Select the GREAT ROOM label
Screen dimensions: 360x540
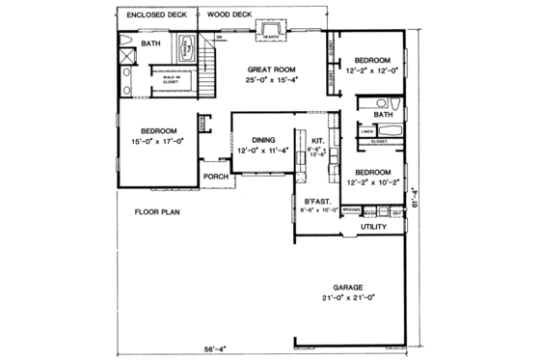click(x=271, y=69)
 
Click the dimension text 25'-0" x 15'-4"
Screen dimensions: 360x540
click(x=271, y=81)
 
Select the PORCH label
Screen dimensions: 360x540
click(x=214, y=177)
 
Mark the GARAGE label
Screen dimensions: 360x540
click(x=348, y=287)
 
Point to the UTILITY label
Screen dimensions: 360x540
click(x=374, y=227)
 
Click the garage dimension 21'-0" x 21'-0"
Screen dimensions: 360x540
click(x=348, y=298)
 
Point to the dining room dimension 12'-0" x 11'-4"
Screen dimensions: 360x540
click(x=260, y=152)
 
